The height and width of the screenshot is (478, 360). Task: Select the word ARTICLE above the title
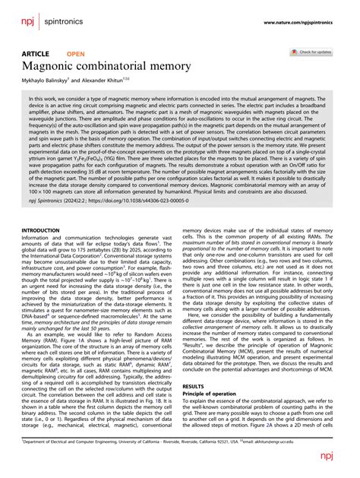point(35,54)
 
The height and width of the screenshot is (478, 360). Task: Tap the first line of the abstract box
point(179,99)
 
